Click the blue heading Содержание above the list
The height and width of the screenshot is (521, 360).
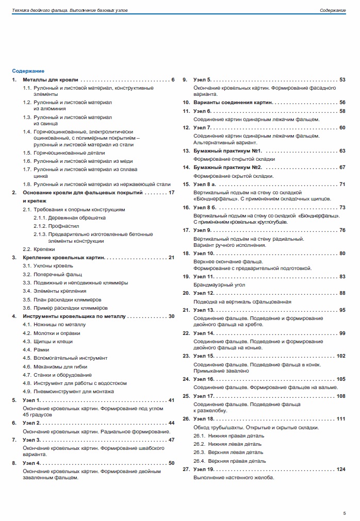28,71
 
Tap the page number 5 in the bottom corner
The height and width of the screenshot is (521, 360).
344,513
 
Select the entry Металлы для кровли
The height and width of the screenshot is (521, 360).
51,80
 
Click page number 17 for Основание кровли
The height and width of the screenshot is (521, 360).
172,192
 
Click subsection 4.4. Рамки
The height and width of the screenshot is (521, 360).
36,350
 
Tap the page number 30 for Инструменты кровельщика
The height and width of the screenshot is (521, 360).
172,316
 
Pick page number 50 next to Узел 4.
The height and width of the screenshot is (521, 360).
172,463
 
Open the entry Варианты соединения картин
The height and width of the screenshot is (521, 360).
233,103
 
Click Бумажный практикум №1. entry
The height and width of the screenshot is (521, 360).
228,151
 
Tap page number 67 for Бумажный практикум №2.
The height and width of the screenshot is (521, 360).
342,167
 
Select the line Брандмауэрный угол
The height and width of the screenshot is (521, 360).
219,284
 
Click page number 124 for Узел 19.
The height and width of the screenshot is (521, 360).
340,469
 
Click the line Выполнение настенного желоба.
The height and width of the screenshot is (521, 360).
234,477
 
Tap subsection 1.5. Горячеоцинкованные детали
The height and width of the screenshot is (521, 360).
64,153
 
